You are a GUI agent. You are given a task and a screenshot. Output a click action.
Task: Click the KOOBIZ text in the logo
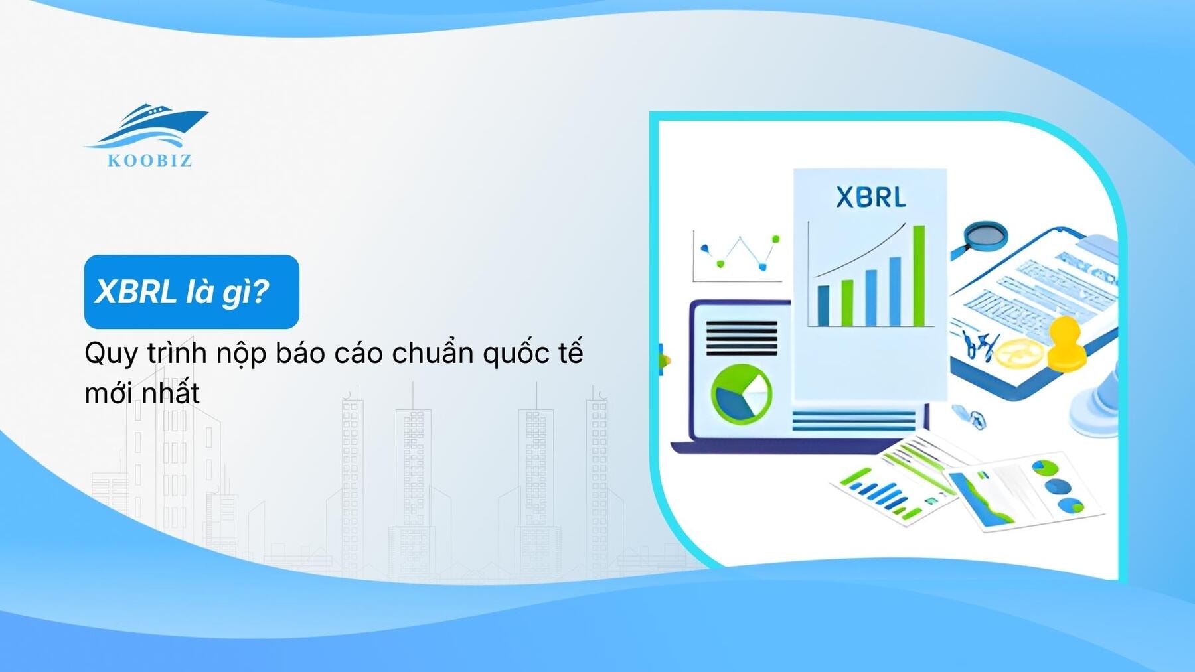(x=150, y=160)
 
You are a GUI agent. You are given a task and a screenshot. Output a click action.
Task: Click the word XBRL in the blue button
(x=135, y=292)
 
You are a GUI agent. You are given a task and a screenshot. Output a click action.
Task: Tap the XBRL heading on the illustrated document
(x=870, y=198)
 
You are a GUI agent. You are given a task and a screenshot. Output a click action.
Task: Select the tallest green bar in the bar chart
(x=919, y=275)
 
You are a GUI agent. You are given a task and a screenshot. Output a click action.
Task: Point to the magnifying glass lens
(x=985, y=234)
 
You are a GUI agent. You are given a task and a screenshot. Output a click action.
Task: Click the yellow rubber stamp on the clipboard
(x=1066, y=344)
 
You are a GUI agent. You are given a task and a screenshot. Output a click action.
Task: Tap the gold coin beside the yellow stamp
(x=1020, y=352)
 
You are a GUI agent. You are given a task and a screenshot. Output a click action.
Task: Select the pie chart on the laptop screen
(x=741, y=394)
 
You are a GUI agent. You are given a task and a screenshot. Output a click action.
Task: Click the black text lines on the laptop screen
(x=741, y=338)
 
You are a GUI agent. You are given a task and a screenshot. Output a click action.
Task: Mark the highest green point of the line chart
(x=775, y=239)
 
